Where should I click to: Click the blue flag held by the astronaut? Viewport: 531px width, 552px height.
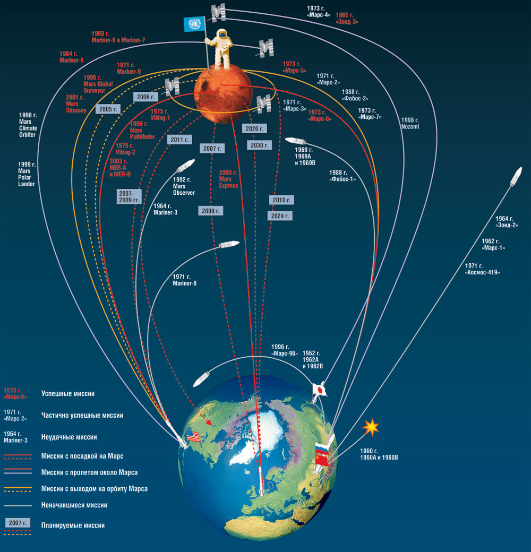192,24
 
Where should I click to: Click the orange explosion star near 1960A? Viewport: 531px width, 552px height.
372,426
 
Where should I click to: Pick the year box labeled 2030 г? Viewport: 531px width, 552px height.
260,144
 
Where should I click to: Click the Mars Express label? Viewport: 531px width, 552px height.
229,178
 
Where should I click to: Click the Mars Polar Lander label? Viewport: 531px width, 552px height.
26,174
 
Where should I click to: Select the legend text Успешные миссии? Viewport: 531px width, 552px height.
67,394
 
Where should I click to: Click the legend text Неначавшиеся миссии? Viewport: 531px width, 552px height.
74,505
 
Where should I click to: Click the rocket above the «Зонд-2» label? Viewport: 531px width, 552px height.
515,177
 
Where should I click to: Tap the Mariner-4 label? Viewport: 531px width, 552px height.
72,57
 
